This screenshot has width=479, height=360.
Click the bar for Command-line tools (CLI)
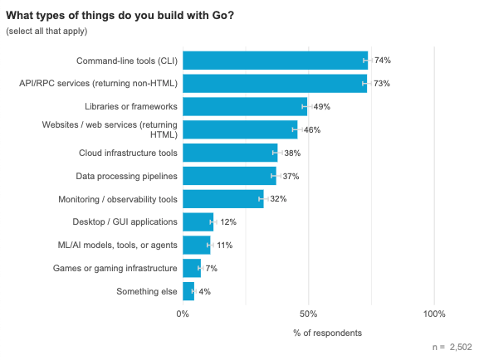[x=276, y=61]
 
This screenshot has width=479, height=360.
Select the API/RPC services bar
[x=275, y=83]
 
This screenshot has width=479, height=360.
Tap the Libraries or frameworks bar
[x=245, y=106]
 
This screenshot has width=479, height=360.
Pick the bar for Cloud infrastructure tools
[x=230, y=153]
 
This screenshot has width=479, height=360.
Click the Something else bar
[x=188, y=291]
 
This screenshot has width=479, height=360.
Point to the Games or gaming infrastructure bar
[x=192, y=268]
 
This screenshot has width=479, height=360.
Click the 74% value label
[x=383, y=61]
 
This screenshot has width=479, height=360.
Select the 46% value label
[x=312, y=129]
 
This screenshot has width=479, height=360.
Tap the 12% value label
[x=228, y=222]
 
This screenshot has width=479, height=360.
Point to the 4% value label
[x=205, y=292]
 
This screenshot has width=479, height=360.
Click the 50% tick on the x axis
[x=309, y=314]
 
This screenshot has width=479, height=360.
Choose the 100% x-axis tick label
[x=434, y=314]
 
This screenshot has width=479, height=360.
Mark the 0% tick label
[x=183, y=314]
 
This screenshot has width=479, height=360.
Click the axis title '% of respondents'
[x=327, y=333]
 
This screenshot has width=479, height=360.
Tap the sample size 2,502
[x=461, y=348]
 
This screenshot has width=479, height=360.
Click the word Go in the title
[x=219, y=15]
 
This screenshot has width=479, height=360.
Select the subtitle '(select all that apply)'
[x=46, y=32]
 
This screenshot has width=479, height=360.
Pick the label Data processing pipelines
[x=126, y=176]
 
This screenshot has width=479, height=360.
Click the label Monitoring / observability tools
[x=118, y=199]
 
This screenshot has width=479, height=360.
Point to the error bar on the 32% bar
[x=263, y=199]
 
